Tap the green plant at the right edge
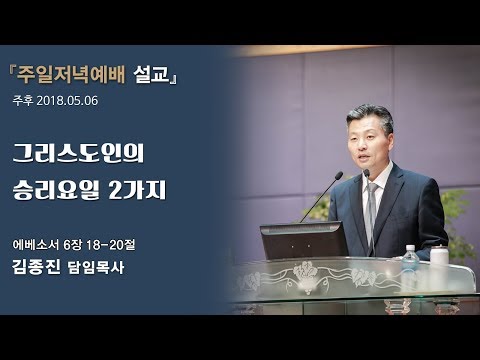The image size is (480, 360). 461,215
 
